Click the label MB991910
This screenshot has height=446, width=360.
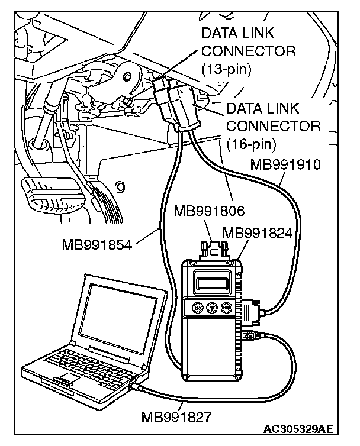point(285,164)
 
